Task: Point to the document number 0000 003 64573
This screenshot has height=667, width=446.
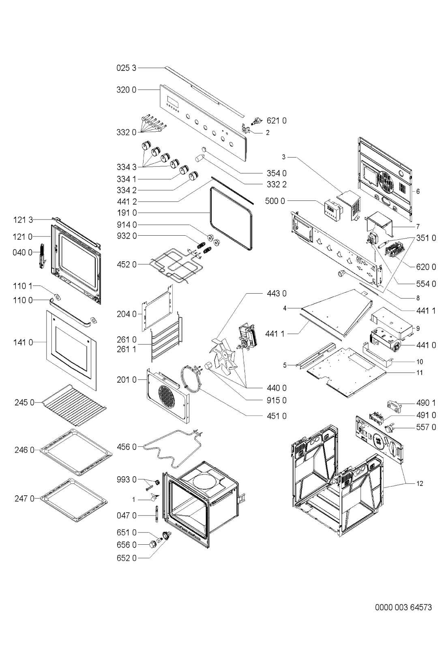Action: [x=403, y=607]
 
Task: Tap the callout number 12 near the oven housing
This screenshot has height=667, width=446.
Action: [x=420, y=483]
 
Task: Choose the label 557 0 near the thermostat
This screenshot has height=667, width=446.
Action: [x=426, y=427]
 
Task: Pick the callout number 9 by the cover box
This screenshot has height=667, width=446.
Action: [x=418, y=328]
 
